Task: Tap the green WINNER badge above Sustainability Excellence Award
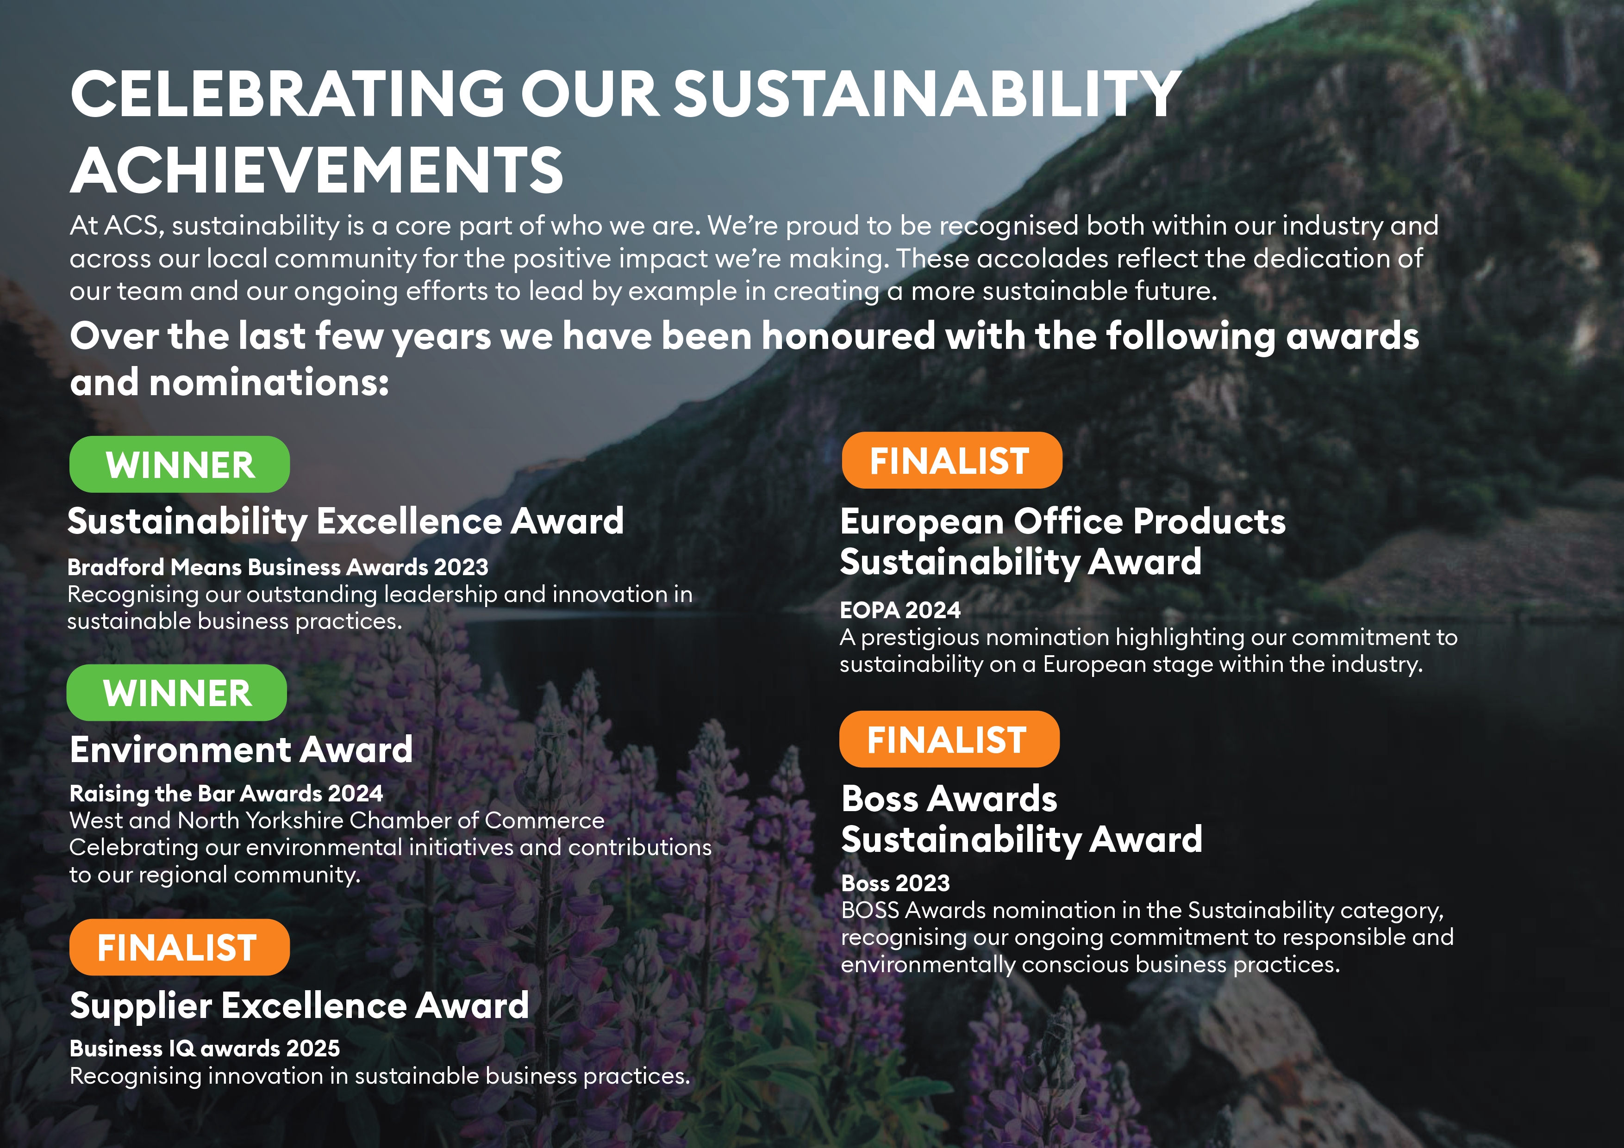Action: coord(180,465)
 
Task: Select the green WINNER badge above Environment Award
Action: coord(177,693)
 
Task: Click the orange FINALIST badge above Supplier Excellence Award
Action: coord(180,947)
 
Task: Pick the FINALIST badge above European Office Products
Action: coord(952,460)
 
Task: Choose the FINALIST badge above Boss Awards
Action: coord(949,739)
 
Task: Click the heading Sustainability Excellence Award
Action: coord(346,521)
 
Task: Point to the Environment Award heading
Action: coord(241,749)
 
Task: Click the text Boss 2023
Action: coord(895,883)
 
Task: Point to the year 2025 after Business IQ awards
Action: coord(312,1049)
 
